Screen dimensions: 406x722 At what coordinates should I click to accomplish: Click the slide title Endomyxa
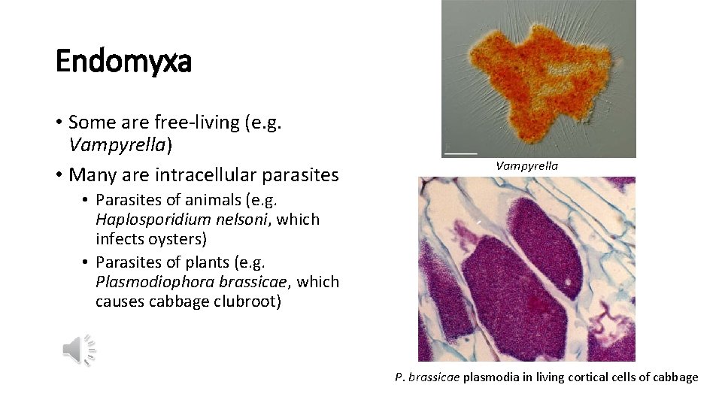123,61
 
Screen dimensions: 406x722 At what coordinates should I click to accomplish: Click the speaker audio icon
79,350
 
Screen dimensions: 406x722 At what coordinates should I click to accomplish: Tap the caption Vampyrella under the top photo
526,165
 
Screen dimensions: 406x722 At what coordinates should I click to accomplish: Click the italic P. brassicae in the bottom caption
427,377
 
